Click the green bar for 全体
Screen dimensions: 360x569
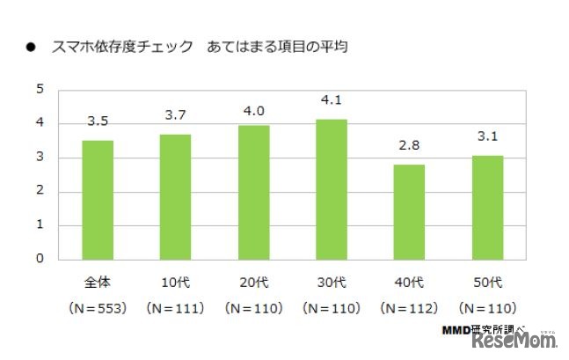(98, 200)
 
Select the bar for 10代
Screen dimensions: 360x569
(175, 196)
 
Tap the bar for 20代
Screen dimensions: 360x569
(253, 192)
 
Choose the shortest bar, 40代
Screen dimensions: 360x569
(409, 212)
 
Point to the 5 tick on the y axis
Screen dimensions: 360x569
(40, 89)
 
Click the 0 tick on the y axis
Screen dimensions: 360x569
(40, 259)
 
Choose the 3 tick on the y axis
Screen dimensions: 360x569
(40, 158)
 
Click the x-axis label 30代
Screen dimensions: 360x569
(331, 283)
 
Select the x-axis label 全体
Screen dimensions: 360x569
(98, 283)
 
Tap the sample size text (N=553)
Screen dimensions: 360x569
(98, 308)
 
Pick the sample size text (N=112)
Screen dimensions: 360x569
(409, 308)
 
